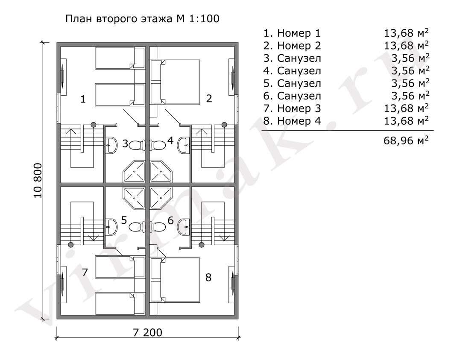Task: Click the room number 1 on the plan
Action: click(x=83, y=99)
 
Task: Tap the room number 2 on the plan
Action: click(x=209, y=99)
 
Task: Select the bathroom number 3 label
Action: click(x=125, y=143)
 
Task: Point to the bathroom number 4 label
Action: click(x=170, y=140)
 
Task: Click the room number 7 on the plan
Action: click(x=85, y=272)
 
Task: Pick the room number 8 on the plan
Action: click(x=208, y=278)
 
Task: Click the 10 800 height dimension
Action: click(x=38, y=181)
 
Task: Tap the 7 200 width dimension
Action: click(x=147, y=332)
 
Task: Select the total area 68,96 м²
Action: click(x=406, y=140)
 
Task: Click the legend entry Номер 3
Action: click(x=299, y=108)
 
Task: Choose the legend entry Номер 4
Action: click(x=299, y=121)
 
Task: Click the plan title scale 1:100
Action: click(x=204, y=19)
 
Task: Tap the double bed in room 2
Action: click(x=179, y=82)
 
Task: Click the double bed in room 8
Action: click(x=179, y=280)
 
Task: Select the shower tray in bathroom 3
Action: click(x=134, y=171)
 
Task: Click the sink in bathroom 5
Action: click(x=111, y=227)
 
